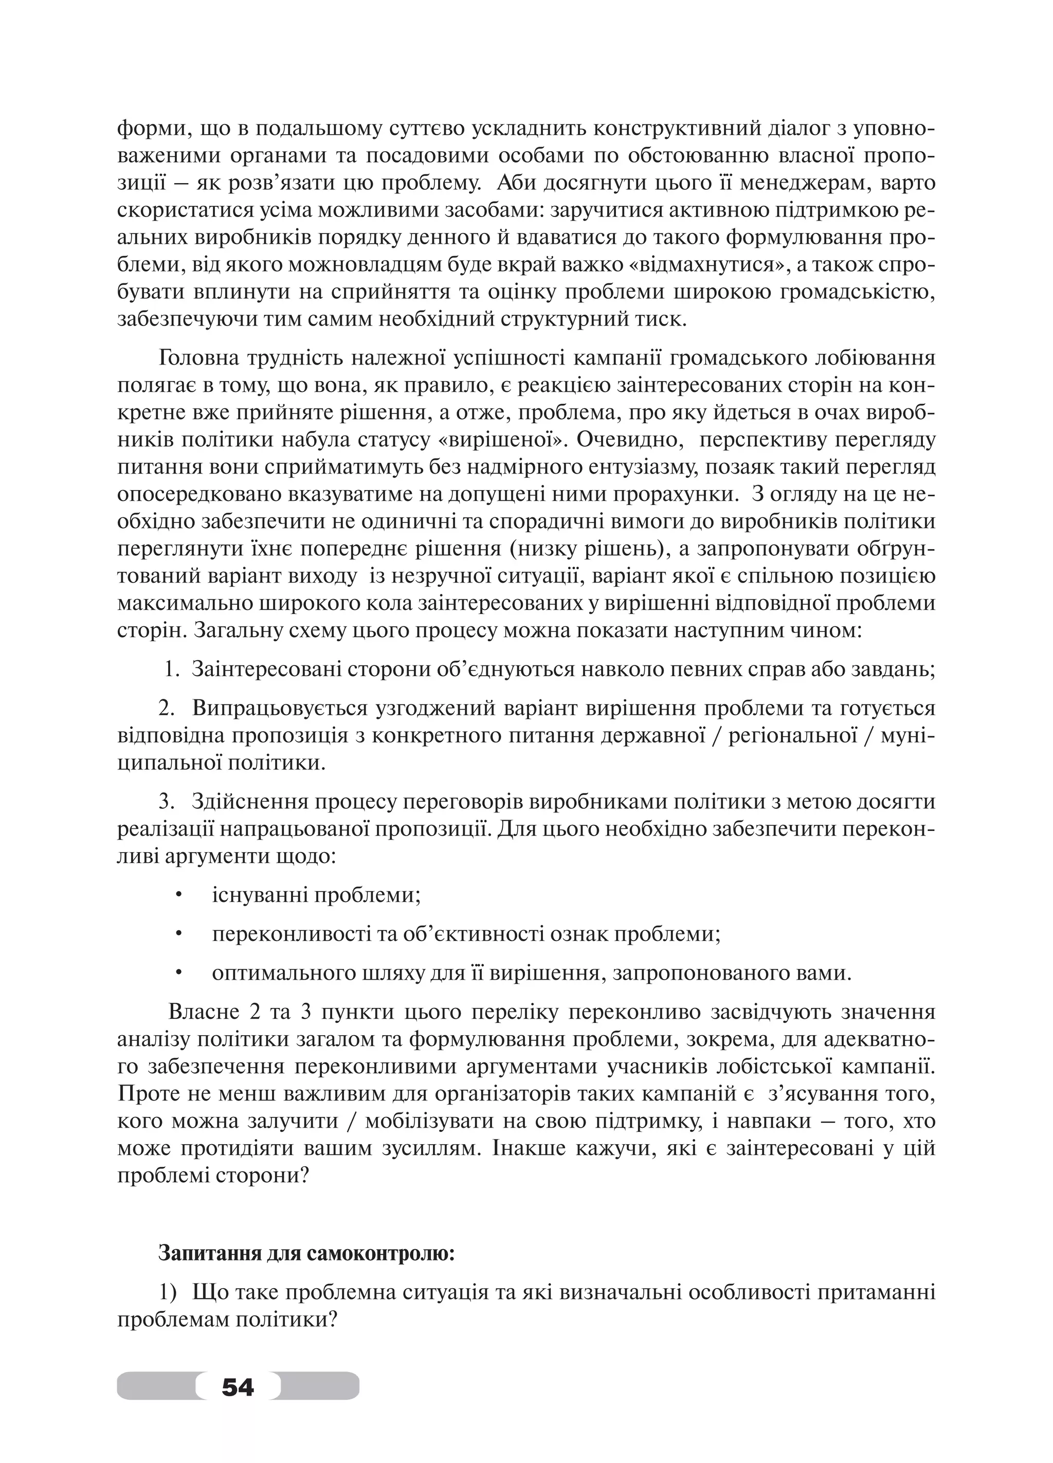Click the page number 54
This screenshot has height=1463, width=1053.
coord(238,1385)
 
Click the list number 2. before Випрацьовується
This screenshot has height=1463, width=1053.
coord(167,708)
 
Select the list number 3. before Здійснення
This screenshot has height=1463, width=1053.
coord(167,802)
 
